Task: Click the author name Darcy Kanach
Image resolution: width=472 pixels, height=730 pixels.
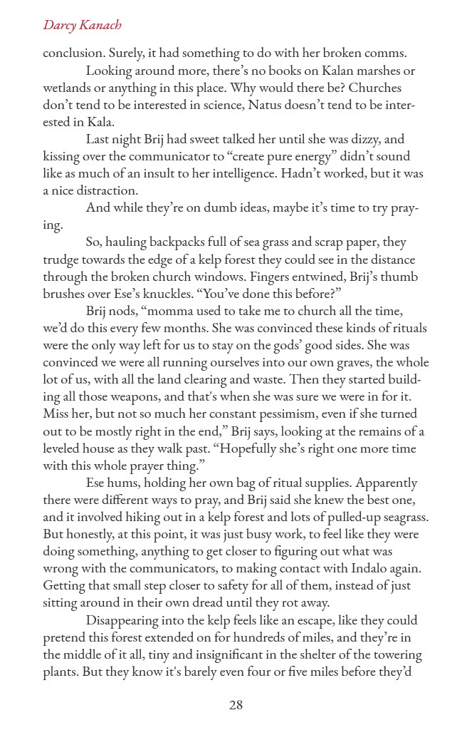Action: (x=82, y=26)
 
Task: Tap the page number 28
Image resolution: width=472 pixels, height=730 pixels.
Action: (x=236, y=705)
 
